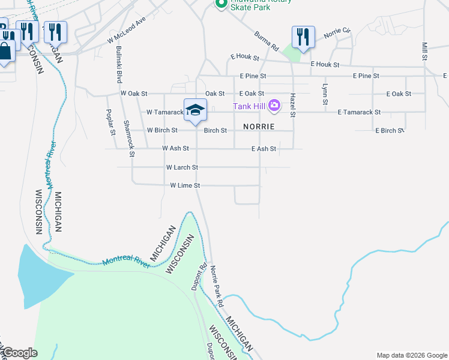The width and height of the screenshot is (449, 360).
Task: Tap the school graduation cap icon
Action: coord(195,110)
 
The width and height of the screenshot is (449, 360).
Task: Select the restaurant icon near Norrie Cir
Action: coord(303,37)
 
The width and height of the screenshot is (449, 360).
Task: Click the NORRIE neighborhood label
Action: coord(259,127)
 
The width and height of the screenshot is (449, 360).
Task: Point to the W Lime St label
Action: coord(185,186)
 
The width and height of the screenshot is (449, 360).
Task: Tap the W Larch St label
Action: coord(182,167)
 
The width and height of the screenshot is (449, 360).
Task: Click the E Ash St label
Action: coord(264,149)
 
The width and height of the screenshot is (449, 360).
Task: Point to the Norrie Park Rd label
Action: coord(216,287)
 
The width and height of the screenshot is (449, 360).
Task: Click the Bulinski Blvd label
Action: coord(119,64)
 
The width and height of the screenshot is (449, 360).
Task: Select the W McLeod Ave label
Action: coord(127,29)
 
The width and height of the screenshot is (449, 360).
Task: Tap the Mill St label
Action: coord(424,51)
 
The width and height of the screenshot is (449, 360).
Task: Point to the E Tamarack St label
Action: coord(359,112)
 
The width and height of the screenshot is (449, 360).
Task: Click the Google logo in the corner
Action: coord(19,353)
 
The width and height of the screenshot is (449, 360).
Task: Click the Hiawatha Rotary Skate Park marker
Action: coord(220,4)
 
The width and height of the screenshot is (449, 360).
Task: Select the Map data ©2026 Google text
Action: coord(411,355)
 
